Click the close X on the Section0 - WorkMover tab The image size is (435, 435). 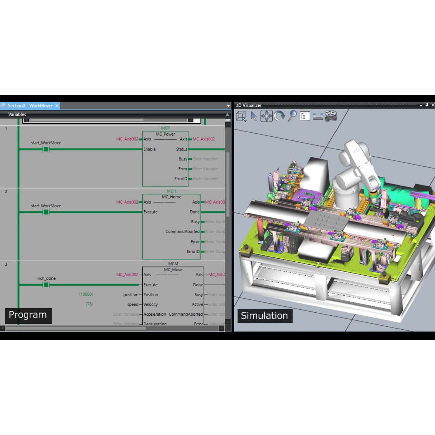(x=57, y=106)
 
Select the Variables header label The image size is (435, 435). (x=17, y=114)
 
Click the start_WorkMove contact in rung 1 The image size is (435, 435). (x=46, y=149)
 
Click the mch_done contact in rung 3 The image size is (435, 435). (x=46, y=285)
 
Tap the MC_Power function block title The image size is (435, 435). (x=165, y=134)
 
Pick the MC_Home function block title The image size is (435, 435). (x=171, y=197)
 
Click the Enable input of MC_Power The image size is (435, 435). (x=150, y=149)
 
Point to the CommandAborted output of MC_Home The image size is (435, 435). (x=182, y=231)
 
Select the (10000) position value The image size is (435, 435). (x=86, y=294)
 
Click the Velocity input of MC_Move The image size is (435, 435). (x=151, y=304)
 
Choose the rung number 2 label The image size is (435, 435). (x=6, y=191)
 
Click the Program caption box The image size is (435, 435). (x=28, y=315)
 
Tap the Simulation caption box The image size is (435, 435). (x=264, y=316)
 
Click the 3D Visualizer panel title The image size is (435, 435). (x=249, y=105)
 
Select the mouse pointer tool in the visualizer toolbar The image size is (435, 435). (x=254, y=116)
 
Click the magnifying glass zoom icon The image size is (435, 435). (x=292, y=116)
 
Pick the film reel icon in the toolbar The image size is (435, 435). (x=330, y=116)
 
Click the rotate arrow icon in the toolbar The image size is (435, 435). (x=279, y=116)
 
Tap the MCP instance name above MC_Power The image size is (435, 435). (x=165, y=128)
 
